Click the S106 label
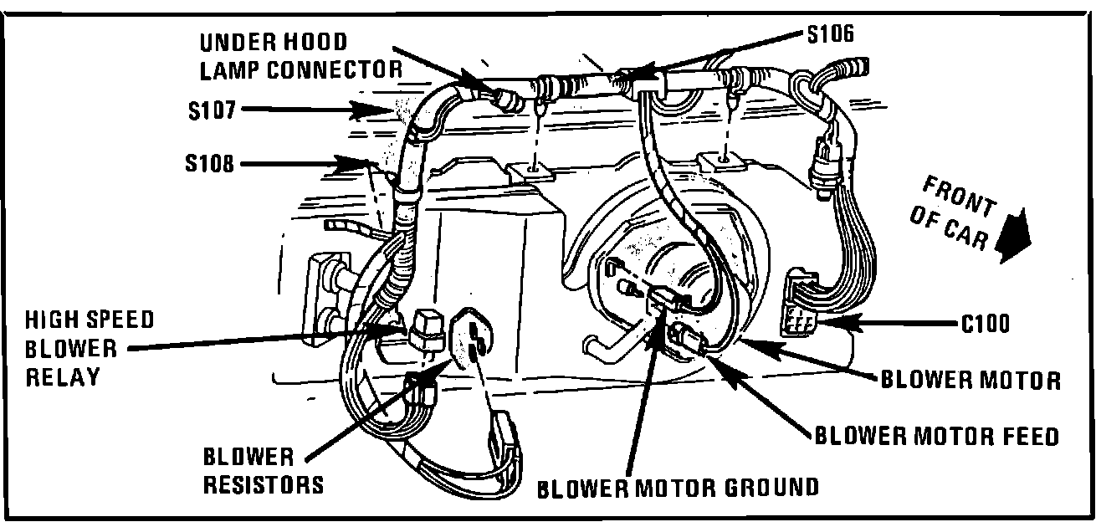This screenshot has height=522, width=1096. [832, 34]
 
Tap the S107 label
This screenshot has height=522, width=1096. [213, 109]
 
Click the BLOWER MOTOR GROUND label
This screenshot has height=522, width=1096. [678, 487]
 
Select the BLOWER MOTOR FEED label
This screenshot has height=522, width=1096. [936, 435]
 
